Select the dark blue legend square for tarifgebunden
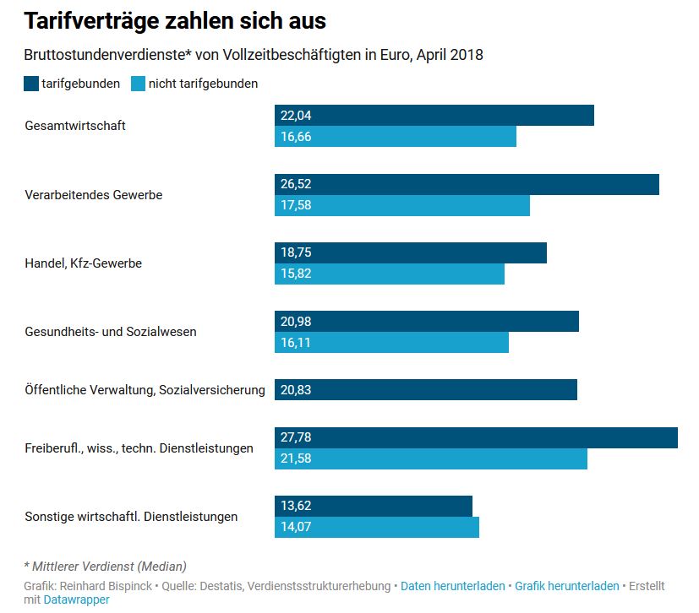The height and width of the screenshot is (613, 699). (31, 84)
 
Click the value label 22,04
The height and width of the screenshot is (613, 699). (295, 116)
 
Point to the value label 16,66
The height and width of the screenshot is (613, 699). (295, 137)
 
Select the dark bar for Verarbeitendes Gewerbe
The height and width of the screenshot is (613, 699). (467, 185)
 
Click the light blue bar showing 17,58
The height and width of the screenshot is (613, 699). (402, 206)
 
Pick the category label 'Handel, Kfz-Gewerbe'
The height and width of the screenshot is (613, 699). (84, 263)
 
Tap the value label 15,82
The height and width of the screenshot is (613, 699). (295, 274)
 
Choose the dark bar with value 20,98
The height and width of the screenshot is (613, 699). (427, 322)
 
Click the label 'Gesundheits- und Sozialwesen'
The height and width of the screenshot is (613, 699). (111, 332)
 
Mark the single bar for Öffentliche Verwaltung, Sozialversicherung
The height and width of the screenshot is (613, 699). (426, 390)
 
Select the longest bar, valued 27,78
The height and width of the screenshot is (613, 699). (476, 437)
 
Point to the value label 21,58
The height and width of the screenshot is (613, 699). (295, 459)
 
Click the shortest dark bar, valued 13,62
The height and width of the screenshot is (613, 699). (374, 506)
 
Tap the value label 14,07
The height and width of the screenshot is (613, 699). (295, 528)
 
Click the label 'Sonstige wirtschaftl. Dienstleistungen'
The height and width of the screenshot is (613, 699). (131, 517)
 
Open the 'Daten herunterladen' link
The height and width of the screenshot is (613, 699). (452, 586)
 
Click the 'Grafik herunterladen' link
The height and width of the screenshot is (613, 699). (566, 586)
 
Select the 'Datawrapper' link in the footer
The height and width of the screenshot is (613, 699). (76, 599)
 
